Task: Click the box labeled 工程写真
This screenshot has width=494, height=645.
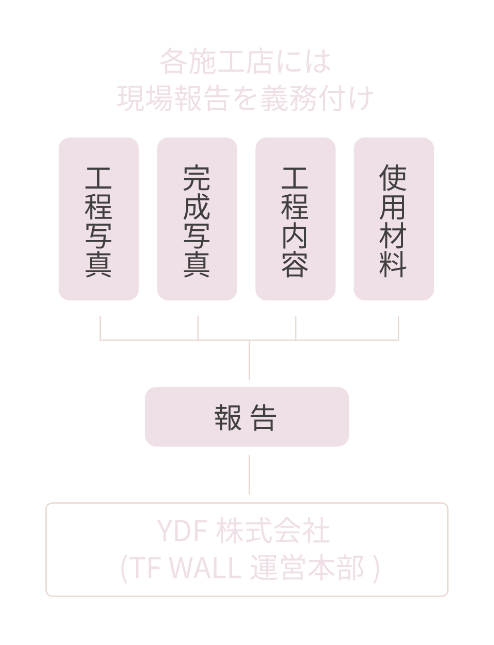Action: [x=98, y=219]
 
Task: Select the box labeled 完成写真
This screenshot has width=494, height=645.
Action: [x=197, y=219]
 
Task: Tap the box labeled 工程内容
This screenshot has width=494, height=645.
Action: [x=295, y=219]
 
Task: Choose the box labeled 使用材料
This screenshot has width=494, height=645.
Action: [x=394, y=219]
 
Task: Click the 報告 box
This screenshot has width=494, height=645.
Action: [x=247, y=417]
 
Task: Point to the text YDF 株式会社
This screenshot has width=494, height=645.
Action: [x=243, y=531]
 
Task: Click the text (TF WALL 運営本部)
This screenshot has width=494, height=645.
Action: [x=250, y=568]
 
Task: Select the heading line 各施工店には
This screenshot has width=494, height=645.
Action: [x=245, y=61]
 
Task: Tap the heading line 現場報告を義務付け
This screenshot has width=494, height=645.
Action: [x=245, y=98]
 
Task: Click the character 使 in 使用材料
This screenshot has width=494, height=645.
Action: [x=393, y=178]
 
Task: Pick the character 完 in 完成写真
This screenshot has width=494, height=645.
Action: [x=197, y=178]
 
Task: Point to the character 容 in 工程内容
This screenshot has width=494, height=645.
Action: [x=295, y=264]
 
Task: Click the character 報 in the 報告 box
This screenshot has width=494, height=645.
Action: [x=228, y=417]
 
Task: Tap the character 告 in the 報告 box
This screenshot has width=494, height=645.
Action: [x=264, y=417]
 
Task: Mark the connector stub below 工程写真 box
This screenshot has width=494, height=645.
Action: [x=100, y=328]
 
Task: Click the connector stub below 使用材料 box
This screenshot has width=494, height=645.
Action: [x=398, y=328]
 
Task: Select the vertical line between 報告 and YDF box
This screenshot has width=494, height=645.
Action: [x=249, y=474]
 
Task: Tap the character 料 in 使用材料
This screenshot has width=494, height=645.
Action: [x=393, y=264]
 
